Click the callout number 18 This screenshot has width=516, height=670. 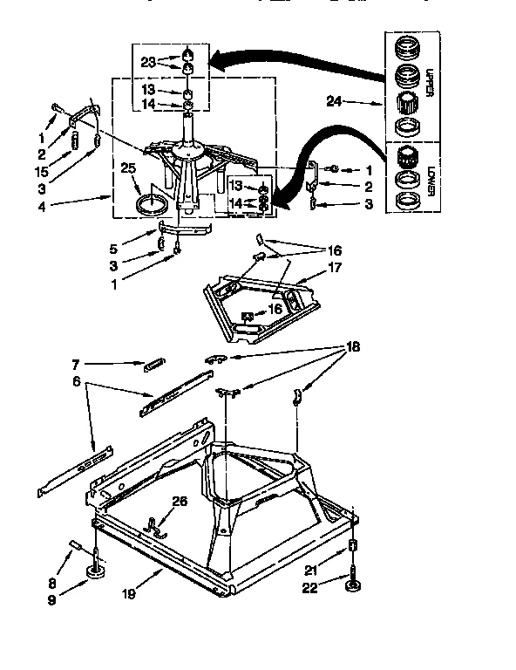click(353, 346)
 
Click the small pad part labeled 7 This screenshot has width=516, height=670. click(153, 363)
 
